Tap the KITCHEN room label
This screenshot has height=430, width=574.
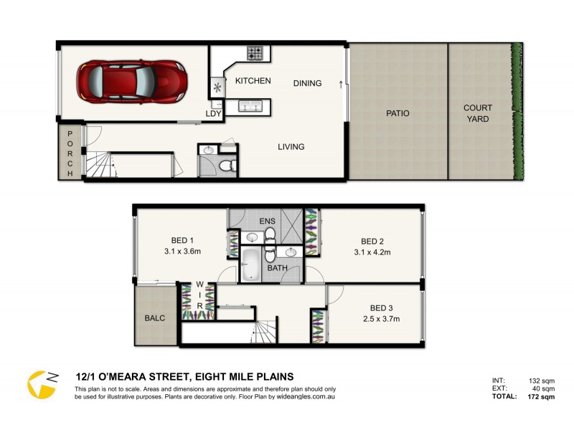click(x=253, y=81)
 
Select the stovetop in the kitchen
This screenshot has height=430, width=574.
click(x=255, y=52)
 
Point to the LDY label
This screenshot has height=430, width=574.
click(x=213, y=113)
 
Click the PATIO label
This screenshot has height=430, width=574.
click(x=397, y=113)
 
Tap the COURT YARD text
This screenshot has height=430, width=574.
click(x=478, y=113)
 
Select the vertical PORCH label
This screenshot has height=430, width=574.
click(x=70, y=153)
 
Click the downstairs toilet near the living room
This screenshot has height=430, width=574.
click(x=227, y=166)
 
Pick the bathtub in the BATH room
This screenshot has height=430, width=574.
click(x=250, y=265)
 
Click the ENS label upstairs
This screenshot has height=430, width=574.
click(x=267, y=221)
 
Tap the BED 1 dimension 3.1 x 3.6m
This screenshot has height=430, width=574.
click(x=182, y=252)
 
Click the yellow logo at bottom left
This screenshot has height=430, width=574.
click(x=42, y=384)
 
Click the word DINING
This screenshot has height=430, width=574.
click(x=308, y=83)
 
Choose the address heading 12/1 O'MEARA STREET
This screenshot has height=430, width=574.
click(x=143, y=376)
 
